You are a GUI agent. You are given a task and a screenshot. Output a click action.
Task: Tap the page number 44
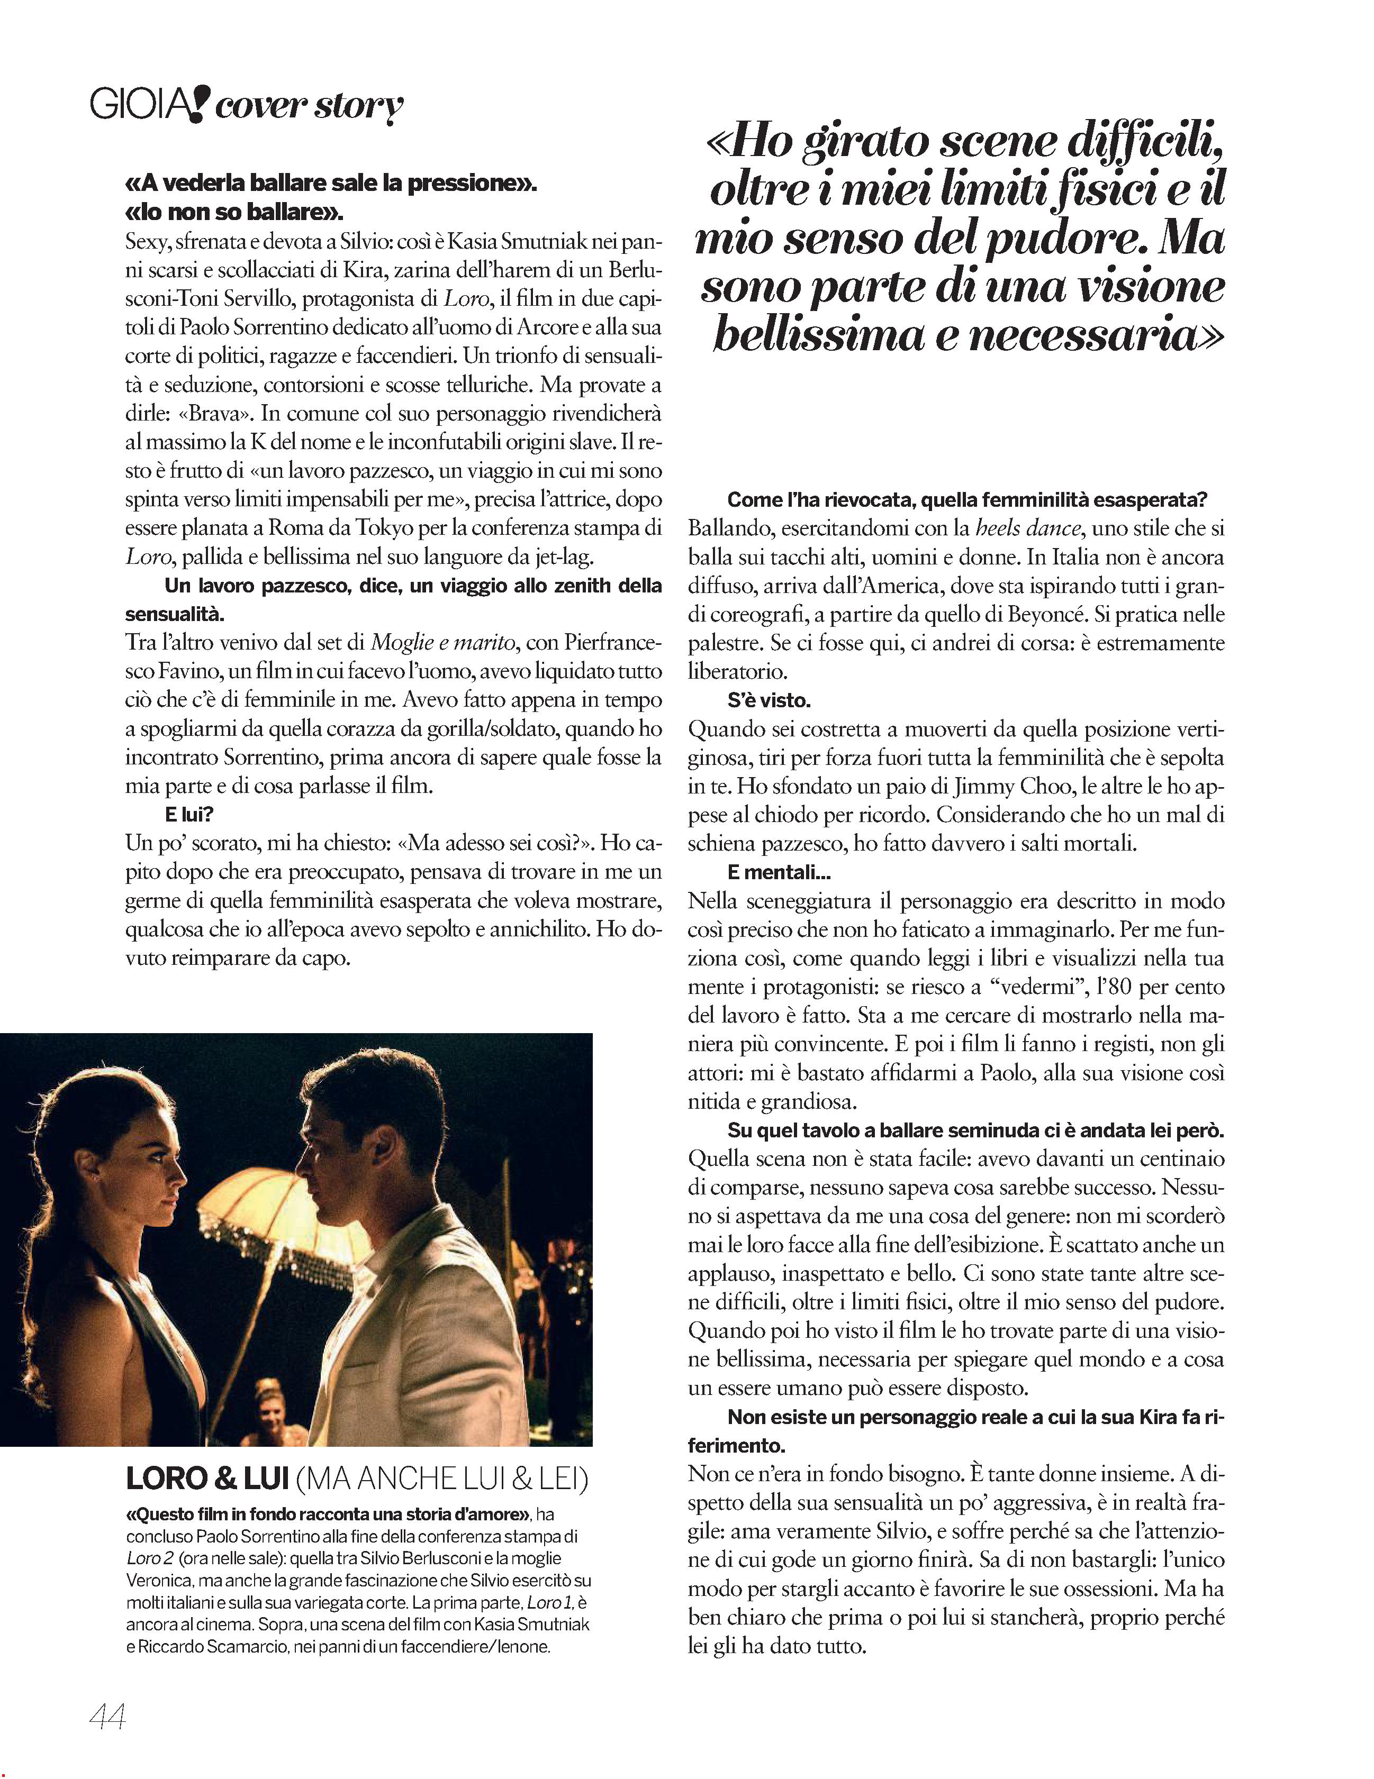107,1718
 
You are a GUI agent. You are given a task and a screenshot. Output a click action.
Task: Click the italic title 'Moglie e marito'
444,643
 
